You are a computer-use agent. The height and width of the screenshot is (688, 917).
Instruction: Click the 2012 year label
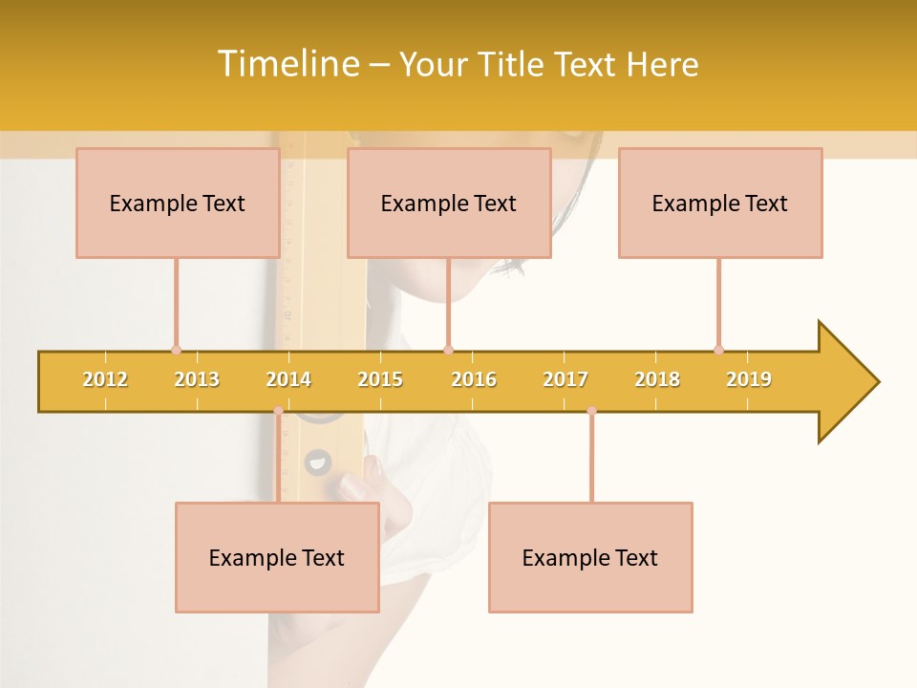click(x=105, y=379)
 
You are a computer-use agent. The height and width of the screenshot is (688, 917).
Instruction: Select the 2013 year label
click(x=197, y=379)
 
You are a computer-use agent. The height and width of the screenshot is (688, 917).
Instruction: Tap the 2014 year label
click(x=288, y=379)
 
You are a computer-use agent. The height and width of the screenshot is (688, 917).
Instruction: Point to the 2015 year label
click(x=380, y=379)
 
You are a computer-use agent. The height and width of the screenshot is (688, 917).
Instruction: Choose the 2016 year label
click(x=474, y=379)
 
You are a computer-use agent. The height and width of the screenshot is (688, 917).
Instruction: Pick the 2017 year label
click(x=565, y=379)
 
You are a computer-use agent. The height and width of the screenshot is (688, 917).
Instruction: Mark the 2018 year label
click(x=657, y=379)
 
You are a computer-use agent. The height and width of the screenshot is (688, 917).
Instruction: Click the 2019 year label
click(x=749, y=379)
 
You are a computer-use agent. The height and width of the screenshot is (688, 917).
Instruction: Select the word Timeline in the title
click(x=287, y=64)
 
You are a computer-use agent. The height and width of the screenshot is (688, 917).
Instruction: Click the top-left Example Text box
click(x=178, y=203)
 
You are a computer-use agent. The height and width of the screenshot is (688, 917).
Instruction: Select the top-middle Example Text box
click(x=449, y=203)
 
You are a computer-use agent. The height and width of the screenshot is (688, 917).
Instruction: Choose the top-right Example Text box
click(x=720, y=203)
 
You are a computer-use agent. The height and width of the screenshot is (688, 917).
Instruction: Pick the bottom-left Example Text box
click(x=277, y=557)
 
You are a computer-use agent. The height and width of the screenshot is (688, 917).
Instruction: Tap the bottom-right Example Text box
click(x=590, y=557)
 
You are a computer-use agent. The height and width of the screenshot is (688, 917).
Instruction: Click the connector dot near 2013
click(x=176, y=350)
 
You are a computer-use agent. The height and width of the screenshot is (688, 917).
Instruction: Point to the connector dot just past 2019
click(x=718, y=350)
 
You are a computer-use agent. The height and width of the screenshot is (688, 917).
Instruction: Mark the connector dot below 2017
click(x=591, y=411)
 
